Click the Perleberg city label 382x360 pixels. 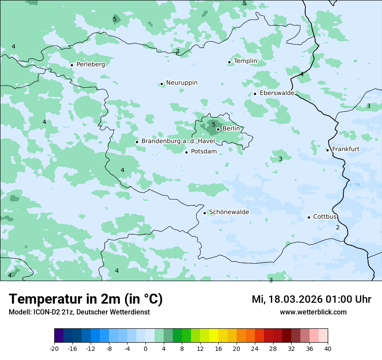[x=90, y=64]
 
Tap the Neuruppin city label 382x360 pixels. [x=181, y=83]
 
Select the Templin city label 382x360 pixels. [x=245, y=61]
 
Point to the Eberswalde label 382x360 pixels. [x=277, y=93]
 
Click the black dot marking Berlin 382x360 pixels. [x=218, y=129]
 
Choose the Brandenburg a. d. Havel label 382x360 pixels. [x=178, y=141]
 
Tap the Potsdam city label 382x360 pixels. [x=204, y=151]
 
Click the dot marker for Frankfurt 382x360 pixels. [x=327, y=150]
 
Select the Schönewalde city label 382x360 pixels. [x=229, y=212]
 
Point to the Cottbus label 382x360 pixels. [x=325, y=216]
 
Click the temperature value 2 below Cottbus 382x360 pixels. [x=338, y=227]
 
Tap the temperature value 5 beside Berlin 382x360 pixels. [x=213, y=124]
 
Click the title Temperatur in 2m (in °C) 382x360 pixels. [x=86, y=299]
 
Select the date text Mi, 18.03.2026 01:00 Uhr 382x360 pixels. [x=311, y=299]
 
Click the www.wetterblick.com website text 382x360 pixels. [x=313, y=312]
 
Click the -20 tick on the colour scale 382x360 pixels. [x=54, y=348]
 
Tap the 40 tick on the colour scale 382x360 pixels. [x=327, y=348]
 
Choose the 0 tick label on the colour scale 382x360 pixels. [x=145, y=348]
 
